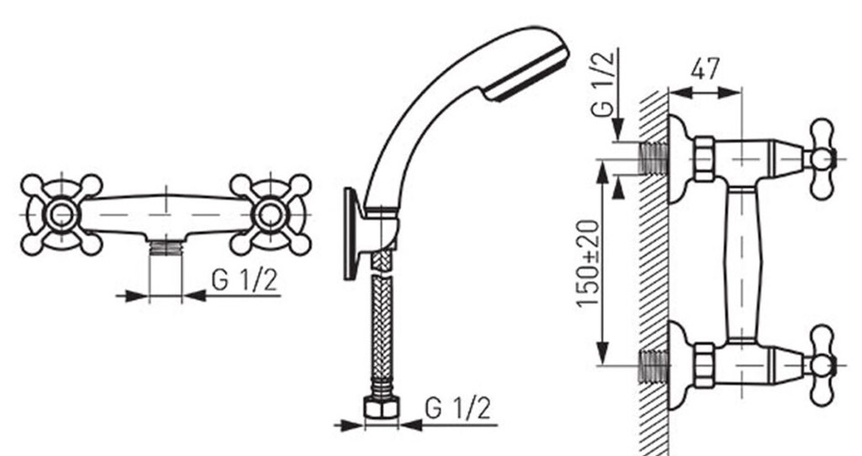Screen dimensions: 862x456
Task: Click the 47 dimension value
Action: click(x=705, y=69)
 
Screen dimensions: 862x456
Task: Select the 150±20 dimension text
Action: click(x=588, y=264)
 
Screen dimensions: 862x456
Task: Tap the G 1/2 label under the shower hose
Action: click(x=457, y=409)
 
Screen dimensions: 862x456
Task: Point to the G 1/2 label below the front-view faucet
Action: click(x=244, y=280)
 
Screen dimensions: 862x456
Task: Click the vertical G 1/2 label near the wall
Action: click(x=603, y=84)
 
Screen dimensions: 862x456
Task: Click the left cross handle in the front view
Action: click(x=61, y=214)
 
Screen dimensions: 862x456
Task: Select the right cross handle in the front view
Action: click(x=271, y=214)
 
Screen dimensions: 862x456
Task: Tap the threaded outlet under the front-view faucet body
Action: click(x=165, y=248)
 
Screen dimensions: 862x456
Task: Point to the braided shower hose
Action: click(x=382, y=324)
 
